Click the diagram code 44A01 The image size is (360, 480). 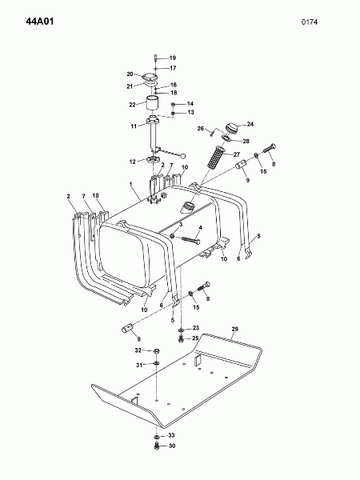click(x=40, y=22)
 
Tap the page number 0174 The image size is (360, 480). click(x=309, y=22)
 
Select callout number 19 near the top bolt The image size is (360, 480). click(x=172, y=58)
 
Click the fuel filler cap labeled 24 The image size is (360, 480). click(x=232, y=126)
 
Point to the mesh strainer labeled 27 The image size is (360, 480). click(x=217, y=157)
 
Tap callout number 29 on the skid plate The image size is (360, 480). click(x=234, y=329)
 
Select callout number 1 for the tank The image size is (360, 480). click(x=130, y=184)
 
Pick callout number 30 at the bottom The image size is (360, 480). click(x=172, y=446)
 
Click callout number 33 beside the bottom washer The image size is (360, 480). click(x=171, y=435)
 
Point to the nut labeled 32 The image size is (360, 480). click(x=156, y=351)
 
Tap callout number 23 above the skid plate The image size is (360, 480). click(x=196, y=328)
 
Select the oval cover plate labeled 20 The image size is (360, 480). click(x=150, y=76)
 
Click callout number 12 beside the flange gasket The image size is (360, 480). click(x=132, y=162)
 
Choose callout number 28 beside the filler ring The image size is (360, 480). click(x=246, y=141)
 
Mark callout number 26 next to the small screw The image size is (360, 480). click(x=201, y=129)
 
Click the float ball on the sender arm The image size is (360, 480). click(x=183, y=156)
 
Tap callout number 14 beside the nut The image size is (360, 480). click(x=190, y=104)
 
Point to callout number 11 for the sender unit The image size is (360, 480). click(x=134, y=126)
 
